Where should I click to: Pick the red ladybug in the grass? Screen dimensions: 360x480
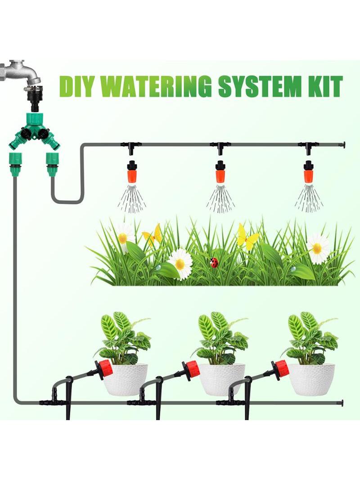coord(214,263)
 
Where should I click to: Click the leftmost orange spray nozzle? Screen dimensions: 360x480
coord(131,172)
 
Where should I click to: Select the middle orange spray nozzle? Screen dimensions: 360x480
coord(220,172)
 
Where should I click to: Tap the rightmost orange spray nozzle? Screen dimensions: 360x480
coord(308,172)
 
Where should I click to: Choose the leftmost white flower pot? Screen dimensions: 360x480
coord(126,379)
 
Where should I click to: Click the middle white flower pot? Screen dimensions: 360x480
coord(222,379)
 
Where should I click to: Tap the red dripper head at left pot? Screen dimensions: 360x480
coord(103,369)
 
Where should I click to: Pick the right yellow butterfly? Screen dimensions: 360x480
coord(247,236)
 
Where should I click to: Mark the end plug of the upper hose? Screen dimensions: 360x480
coord(343,144)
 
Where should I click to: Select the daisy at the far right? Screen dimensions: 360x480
coord(318,248)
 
